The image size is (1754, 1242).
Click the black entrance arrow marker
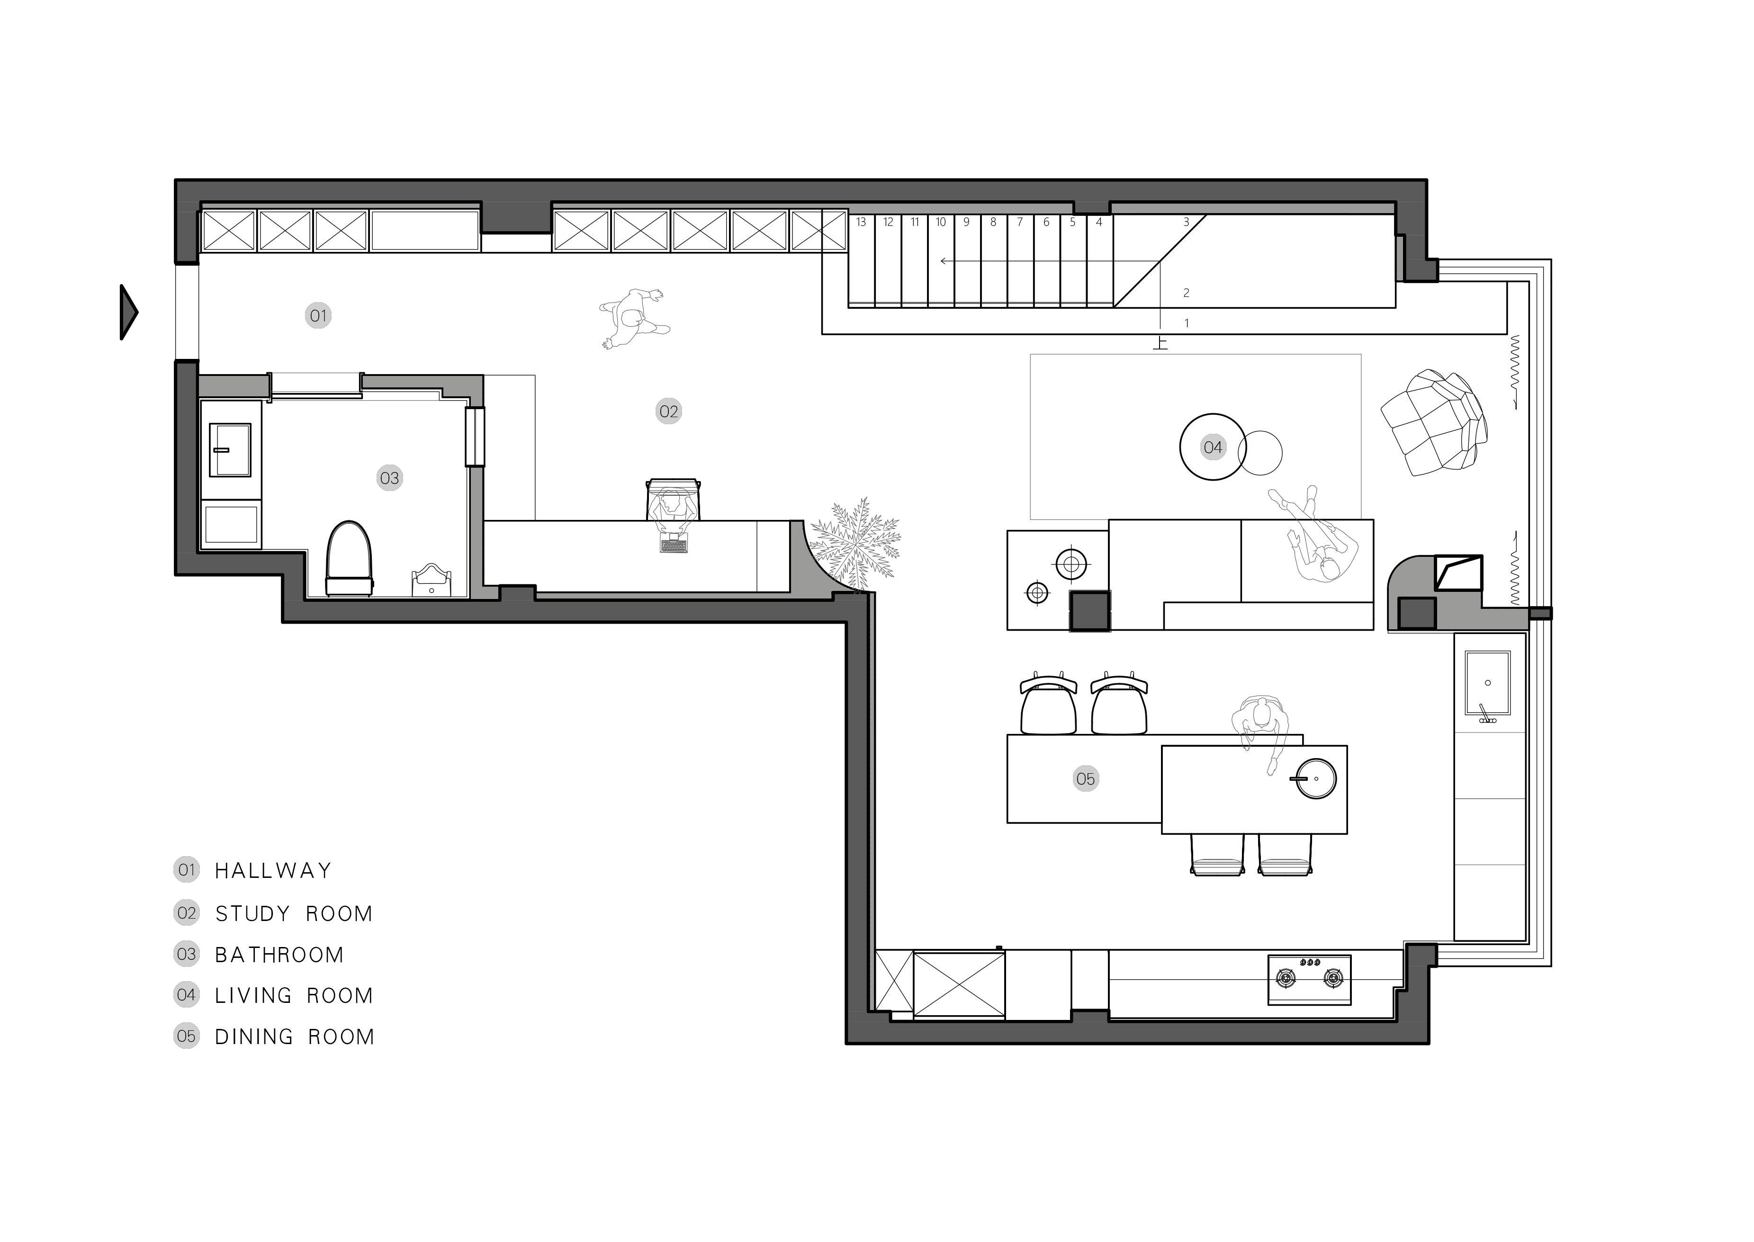[x=128, y=312]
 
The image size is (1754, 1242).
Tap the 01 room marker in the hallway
[x=318, y=315]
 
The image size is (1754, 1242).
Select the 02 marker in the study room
[x=668, y=411]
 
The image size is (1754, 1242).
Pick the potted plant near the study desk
[x=855, y=544]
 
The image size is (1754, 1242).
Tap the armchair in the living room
[x=1434, y=423]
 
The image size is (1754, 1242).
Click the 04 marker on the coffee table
[x=1213, y=447]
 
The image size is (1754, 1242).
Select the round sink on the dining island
[x=1316, y=778]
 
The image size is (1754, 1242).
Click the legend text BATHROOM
[x=279, y=955]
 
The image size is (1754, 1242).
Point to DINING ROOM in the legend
[x=295, y=1036]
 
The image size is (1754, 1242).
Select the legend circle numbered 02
[x=187, y=912]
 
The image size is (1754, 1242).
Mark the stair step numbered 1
[x=1187, y=323]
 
